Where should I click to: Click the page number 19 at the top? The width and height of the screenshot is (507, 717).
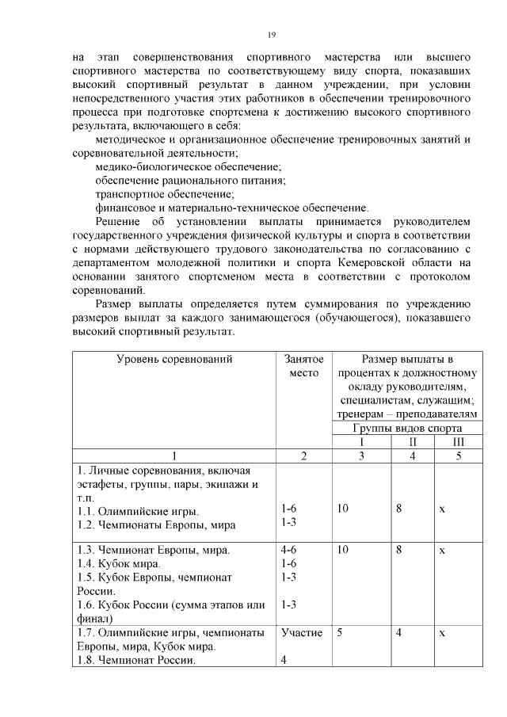pos(271,35)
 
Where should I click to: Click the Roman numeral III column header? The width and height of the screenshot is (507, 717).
pos(458,441)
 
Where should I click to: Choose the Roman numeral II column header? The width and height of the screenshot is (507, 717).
pos(412,441)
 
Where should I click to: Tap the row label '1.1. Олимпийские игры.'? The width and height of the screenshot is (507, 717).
pos(138,510)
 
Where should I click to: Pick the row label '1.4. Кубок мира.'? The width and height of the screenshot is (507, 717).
pos(119,563)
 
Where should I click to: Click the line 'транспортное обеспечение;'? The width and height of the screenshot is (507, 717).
pos(164,194)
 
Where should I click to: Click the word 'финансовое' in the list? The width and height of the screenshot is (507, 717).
pos(126,208)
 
